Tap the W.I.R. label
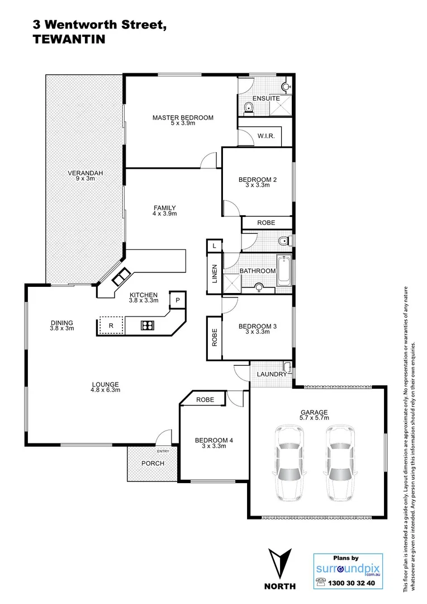265,136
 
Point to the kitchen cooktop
147,325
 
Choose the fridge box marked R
111,325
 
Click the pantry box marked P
177,300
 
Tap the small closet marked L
214,246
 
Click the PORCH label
153,463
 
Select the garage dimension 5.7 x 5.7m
314,418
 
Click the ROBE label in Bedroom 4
205,399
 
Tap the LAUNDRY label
272,374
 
